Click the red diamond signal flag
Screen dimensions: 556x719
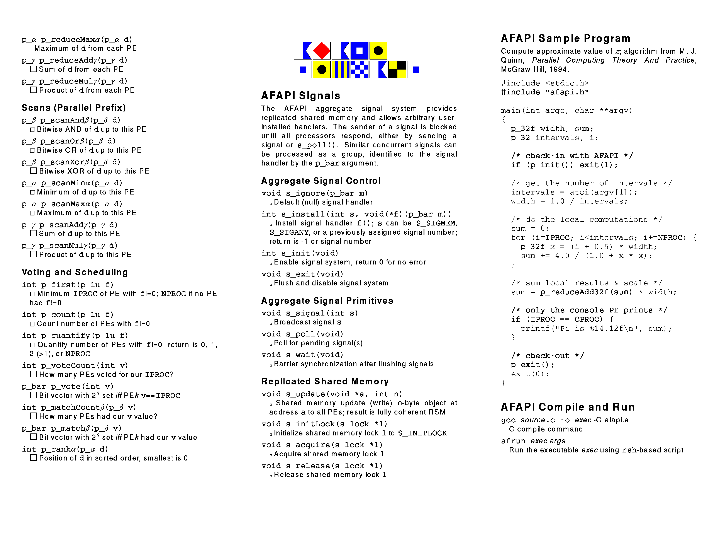coord(321,51)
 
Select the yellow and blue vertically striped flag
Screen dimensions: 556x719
coord(340,70)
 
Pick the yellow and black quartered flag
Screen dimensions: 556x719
coord(397,70)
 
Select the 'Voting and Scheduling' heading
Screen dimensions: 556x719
coord(75,272)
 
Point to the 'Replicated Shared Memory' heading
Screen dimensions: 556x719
coord(325,381)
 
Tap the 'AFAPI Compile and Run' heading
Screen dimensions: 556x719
coord(568,407)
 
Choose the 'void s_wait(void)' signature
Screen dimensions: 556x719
coord(302,355)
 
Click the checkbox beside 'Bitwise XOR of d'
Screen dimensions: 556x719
coord(33,171)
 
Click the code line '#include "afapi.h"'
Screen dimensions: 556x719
coord(544,92)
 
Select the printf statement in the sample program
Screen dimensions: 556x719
coord(596,328)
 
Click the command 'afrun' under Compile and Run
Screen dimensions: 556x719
coord(513,441)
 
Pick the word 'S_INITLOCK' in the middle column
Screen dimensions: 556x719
coord(422,433)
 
